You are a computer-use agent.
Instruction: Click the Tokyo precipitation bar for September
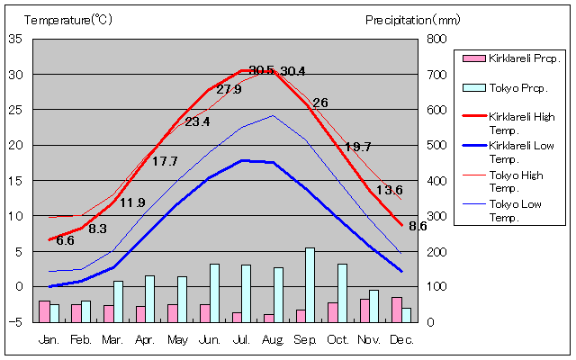310,284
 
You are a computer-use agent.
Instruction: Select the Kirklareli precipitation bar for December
396,309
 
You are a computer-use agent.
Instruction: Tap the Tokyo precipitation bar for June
214,292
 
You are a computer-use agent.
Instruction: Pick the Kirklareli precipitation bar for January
44,310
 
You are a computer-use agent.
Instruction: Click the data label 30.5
261,70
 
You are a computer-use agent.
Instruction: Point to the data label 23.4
197,121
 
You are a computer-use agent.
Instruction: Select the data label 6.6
65,240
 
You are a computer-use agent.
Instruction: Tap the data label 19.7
358,147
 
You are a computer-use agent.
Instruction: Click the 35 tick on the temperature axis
15,39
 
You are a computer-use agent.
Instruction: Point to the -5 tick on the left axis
15,321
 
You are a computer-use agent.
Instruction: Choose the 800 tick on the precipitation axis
436,39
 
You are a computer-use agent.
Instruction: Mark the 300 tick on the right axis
436,216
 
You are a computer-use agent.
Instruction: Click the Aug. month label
274,339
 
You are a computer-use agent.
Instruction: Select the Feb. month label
81,339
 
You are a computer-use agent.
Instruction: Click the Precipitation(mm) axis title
411,18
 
